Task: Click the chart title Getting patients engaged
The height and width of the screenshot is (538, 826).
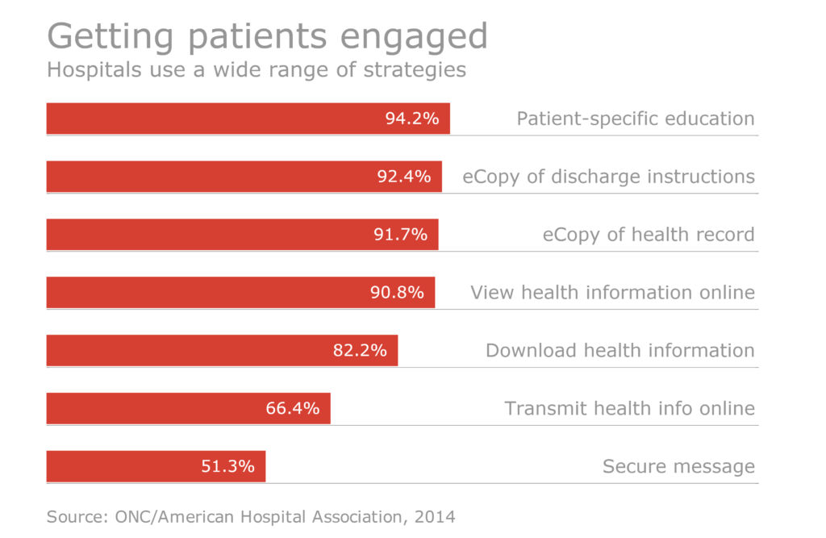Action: pyautogui.click(x=267, y=36)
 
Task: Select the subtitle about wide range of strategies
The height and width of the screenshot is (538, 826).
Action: pyautogui.click(x=257, y=70)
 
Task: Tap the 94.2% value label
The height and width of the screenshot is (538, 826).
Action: pyautogui.click(x=411, y=119)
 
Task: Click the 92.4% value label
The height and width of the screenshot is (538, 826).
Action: pyautogui.click(x=403, y=177)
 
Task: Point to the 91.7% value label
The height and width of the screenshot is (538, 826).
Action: pyautogui.click(x=400, y=235)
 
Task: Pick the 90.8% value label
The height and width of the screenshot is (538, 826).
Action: pyautogui.click(x=397, y=292)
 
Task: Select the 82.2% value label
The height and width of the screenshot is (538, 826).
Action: pyautogui.click(x=360, y=350)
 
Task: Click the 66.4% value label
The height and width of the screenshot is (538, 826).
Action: pyautogui.click(x=293, y=408)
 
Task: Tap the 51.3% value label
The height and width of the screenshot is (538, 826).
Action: pyautogui.click(x=227, y=466)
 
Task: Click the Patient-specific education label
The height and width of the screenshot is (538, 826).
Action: pyautogui.click(x=635, y=119)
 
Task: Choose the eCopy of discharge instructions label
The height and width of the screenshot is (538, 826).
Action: pyautogui.click(x=608, y=177)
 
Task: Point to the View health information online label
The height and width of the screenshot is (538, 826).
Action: pyautogui.click(x=612, y=292)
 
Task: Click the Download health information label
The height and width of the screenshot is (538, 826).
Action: pyautogui.click(x=619, y=350)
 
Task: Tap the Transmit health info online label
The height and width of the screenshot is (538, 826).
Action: pyautogui.click(x=629, y=408)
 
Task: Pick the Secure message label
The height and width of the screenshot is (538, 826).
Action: pyautogui.click(x=678, y=466)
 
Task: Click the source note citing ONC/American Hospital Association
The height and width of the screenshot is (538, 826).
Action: pyautogui.click(x=251, y=515)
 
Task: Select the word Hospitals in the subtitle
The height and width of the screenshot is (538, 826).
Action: pyautogui.click(x=86, y=70)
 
